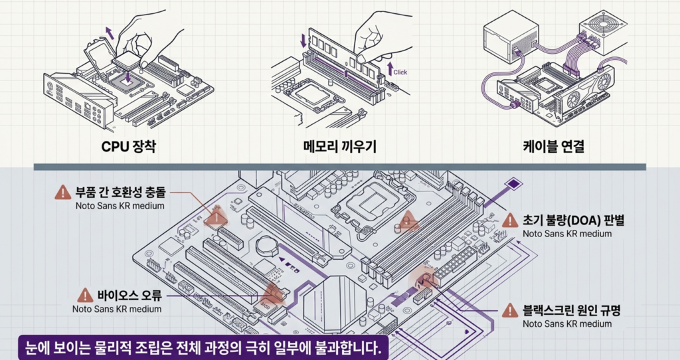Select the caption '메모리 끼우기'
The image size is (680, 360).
click(339, 146)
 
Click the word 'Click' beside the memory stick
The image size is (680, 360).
click(400, 72)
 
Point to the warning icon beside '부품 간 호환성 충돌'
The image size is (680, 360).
click(62, 193)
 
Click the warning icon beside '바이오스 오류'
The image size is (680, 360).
click(85, 296)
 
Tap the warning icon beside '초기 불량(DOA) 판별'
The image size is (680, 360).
click(510, 221)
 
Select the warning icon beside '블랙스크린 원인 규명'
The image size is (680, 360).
click(510, 310)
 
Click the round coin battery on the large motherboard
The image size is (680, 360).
click(266, 246)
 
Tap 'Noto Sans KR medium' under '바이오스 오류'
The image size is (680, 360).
click(117, 309)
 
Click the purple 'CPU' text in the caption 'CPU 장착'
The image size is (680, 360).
click(114, 146)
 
